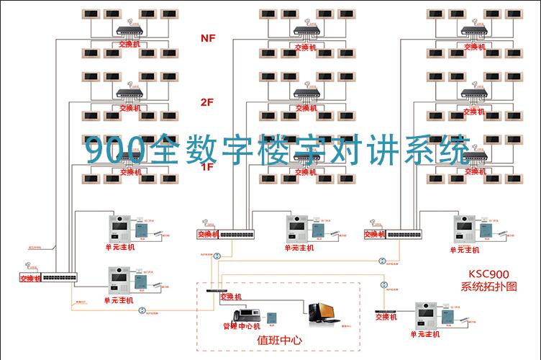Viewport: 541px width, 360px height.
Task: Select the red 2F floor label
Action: pyautogui.click(x=207, y=102)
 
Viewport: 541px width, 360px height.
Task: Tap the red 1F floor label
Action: pyautogui.click(x=207, y=167)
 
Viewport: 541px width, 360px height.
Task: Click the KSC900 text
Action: pyautogui.click(x=489, y=274)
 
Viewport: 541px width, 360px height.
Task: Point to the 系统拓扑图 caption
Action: pyautogui.click(x=489, y=287)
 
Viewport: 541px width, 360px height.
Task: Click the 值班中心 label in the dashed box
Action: pyautogui.click(x=279, y=340)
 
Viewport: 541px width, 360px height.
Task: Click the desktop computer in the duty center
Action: pyautogui.click(x=320, y=312)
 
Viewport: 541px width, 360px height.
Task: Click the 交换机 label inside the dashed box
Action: pyautogui.click(x=230, y=297)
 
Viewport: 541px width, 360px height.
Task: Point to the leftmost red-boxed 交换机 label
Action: pyautogui.click(x=30, y=279)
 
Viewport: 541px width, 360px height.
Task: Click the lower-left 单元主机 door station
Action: pyautogui.click(x=119, y=281)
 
